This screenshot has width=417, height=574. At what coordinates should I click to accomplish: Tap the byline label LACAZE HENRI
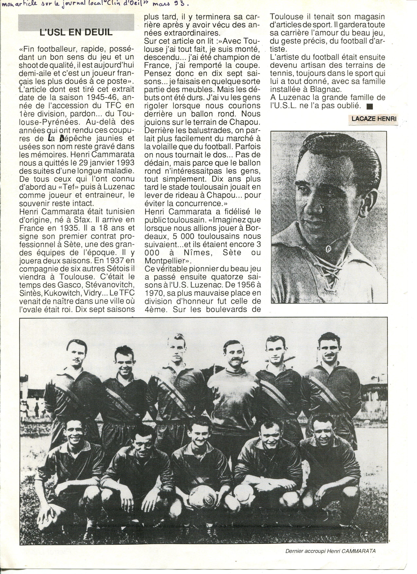(x=374, y=118)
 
